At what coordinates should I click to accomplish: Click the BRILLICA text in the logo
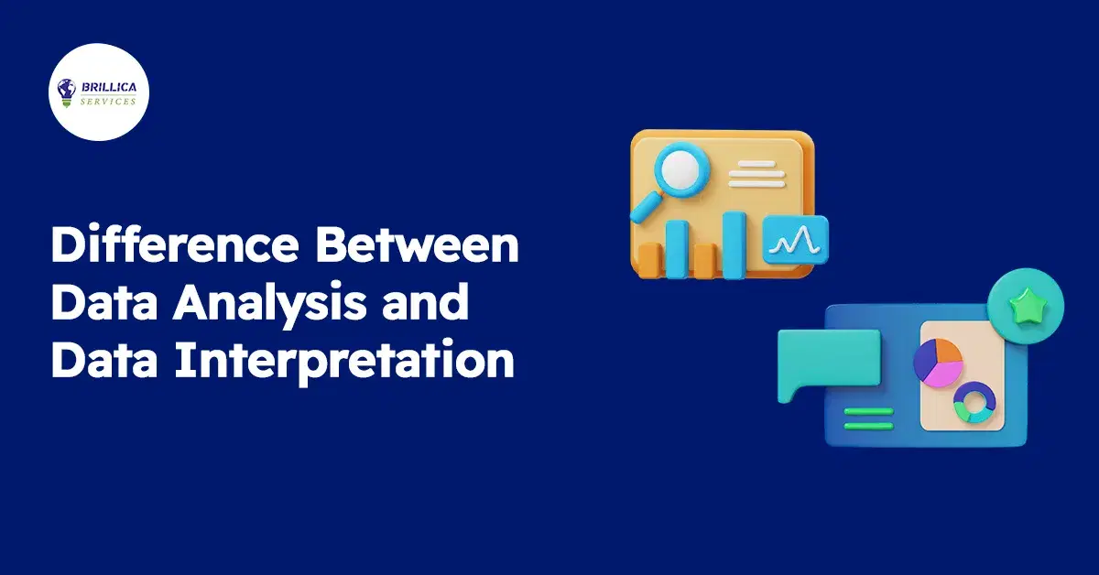[x=107, y=89]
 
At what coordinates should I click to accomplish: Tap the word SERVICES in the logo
[x=107, y=101]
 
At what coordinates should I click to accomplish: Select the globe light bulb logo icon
[x=67, y=92]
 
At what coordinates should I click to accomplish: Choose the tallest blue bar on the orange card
[x=734, y=243]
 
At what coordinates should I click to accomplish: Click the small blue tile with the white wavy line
[x=794, y=240]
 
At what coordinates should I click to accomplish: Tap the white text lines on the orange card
[x=755, y=173]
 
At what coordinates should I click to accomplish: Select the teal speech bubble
[x=826, y=363]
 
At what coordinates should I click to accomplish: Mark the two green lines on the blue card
[x=867, y=418]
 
